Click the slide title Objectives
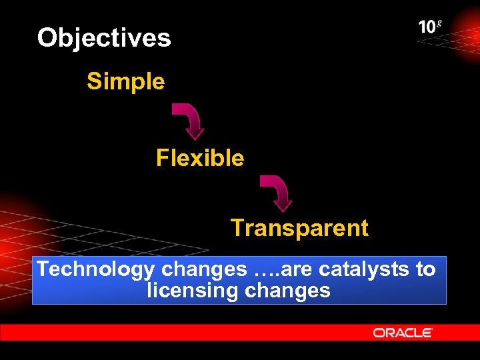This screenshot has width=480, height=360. click(x=104, y=37)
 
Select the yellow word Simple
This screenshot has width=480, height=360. click(x=125, y=81)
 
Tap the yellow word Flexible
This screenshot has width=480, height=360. click(x=200, y=158)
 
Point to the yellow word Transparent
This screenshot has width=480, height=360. click(x=299, y=228)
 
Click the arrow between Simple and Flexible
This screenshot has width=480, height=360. click(x=189, y=121)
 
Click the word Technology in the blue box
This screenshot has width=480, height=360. click(x=96, y=269)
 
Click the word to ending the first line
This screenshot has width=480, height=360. click(x=425, y=269)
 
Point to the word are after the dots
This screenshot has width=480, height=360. click(x=299, y=269)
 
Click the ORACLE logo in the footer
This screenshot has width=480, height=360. click(x=403, y=332)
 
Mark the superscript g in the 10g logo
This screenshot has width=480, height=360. click(x=439, y=24)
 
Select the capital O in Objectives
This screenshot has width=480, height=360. click(x=47, y=37)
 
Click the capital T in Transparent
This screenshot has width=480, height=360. click(x=237, y=228)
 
